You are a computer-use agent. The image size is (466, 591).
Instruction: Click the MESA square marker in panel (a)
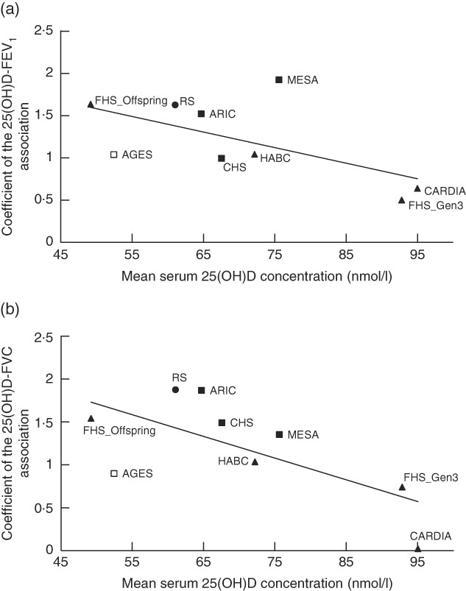pos(279,79)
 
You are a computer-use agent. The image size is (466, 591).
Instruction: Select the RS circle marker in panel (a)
pos(175,105)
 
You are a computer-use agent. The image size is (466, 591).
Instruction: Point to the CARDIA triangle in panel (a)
pos(417,188)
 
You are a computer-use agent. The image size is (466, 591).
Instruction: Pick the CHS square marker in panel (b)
pos(222,422)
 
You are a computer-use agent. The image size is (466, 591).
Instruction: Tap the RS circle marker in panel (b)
pos(175,389)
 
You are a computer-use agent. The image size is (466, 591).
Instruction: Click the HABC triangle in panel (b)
pos(255,462)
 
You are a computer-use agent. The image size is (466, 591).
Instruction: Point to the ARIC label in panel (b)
pos(222,390)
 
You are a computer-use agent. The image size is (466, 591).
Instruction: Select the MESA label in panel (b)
pos(303,435)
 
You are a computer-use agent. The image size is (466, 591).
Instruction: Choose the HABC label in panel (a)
pos(275,157)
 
